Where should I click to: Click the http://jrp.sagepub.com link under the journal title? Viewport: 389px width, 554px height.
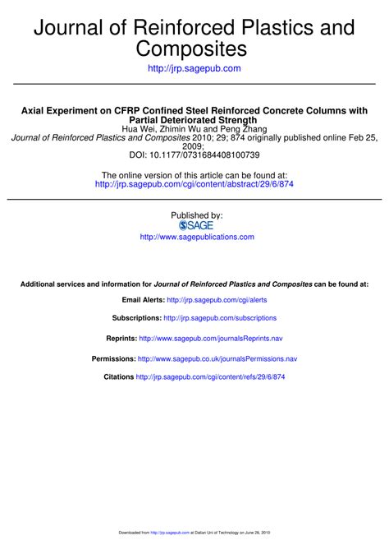(x=194, y=68)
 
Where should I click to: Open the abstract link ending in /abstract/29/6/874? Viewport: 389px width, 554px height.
(x=194, y=185)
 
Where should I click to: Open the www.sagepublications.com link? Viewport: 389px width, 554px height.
(x=197, y=237)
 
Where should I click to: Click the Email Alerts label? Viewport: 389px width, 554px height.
(x=142, y=301)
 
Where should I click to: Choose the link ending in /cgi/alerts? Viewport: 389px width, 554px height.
(x=217, y=301)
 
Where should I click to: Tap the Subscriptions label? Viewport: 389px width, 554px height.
(x=136, y=318)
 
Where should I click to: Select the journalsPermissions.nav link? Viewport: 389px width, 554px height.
(x=217, y=359)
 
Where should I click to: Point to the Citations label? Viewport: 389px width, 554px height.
(x=118, y=377)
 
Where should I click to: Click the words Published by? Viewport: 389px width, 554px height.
(x=196, y=215)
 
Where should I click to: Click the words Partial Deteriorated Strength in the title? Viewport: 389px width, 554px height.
(x=194, y=120)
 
